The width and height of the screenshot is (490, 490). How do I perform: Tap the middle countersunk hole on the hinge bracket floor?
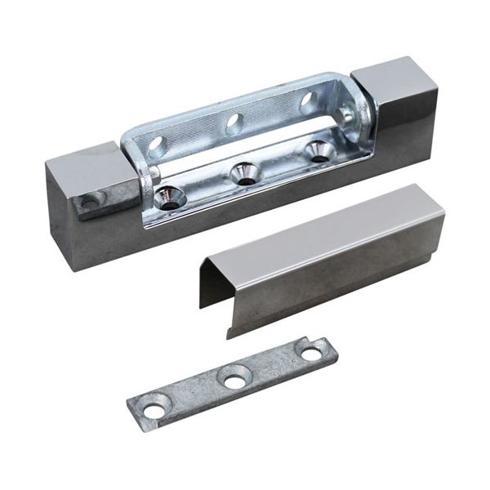(x=245, y=171)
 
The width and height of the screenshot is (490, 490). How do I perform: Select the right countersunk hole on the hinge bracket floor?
(x=318, y=149)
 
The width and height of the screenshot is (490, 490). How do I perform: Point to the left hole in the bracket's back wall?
(x=157, y=147)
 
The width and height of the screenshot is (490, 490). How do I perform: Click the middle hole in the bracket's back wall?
(x=234, y=124)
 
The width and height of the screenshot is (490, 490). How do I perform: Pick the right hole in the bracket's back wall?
(x=308, y=102)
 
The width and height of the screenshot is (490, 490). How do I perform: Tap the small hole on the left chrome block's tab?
(x=88, y=199)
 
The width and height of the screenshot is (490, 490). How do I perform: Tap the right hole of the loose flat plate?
(x=311, y=354)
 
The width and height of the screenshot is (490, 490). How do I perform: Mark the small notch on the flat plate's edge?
(x=301, y=342)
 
